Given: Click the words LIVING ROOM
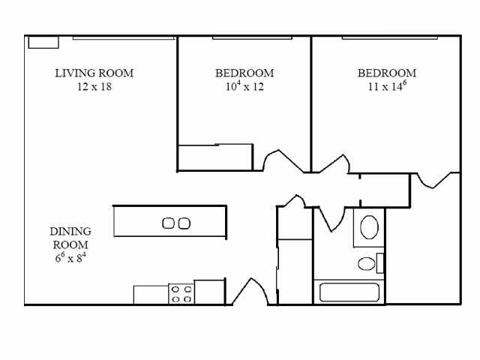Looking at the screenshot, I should click(x=94, y=73).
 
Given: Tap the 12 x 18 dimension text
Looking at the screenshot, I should click(x=94, y=86).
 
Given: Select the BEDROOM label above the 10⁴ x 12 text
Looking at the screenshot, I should click(x=244, y=73).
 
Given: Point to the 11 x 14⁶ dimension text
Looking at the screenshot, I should click(x=387, y=86).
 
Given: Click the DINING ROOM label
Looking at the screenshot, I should click(x=70, y=238).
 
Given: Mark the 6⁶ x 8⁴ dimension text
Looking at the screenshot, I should click(x=70, y=258).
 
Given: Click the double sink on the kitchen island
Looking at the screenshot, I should click(x=176, y=223).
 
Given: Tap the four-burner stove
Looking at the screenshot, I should click(x=181, y=293).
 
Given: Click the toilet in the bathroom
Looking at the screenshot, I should click(x=367, y=263).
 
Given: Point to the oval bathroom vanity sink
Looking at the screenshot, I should click(x=369, y=226).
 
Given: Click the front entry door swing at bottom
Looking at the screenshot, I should click(x=248, y=292).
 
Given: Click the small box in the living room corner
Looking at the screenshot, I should click(x=43, y=42).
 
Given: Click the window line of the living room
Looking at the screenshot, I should click(x=124, y=37).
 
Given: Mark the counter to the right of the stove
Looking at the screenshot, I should click(x=209, y=292).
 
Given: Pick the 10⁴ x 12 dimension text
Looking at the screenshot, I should click(x=244, y=86).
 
